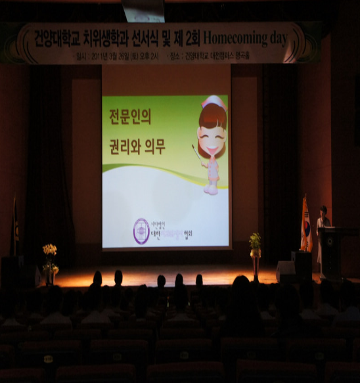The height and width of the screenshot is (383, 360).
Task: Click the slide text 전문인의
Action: pos(129,118)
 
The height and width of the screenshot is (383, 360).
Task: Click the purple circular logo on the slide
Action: pos(141,231)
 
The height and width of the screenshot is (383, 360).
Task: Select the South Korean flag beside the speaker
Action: pos(305,223)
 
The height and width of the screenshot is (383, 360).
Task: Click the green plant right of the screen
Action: pos(255,241)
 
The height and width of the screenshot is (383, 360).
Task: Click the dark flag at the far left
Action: pos(15,227)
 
